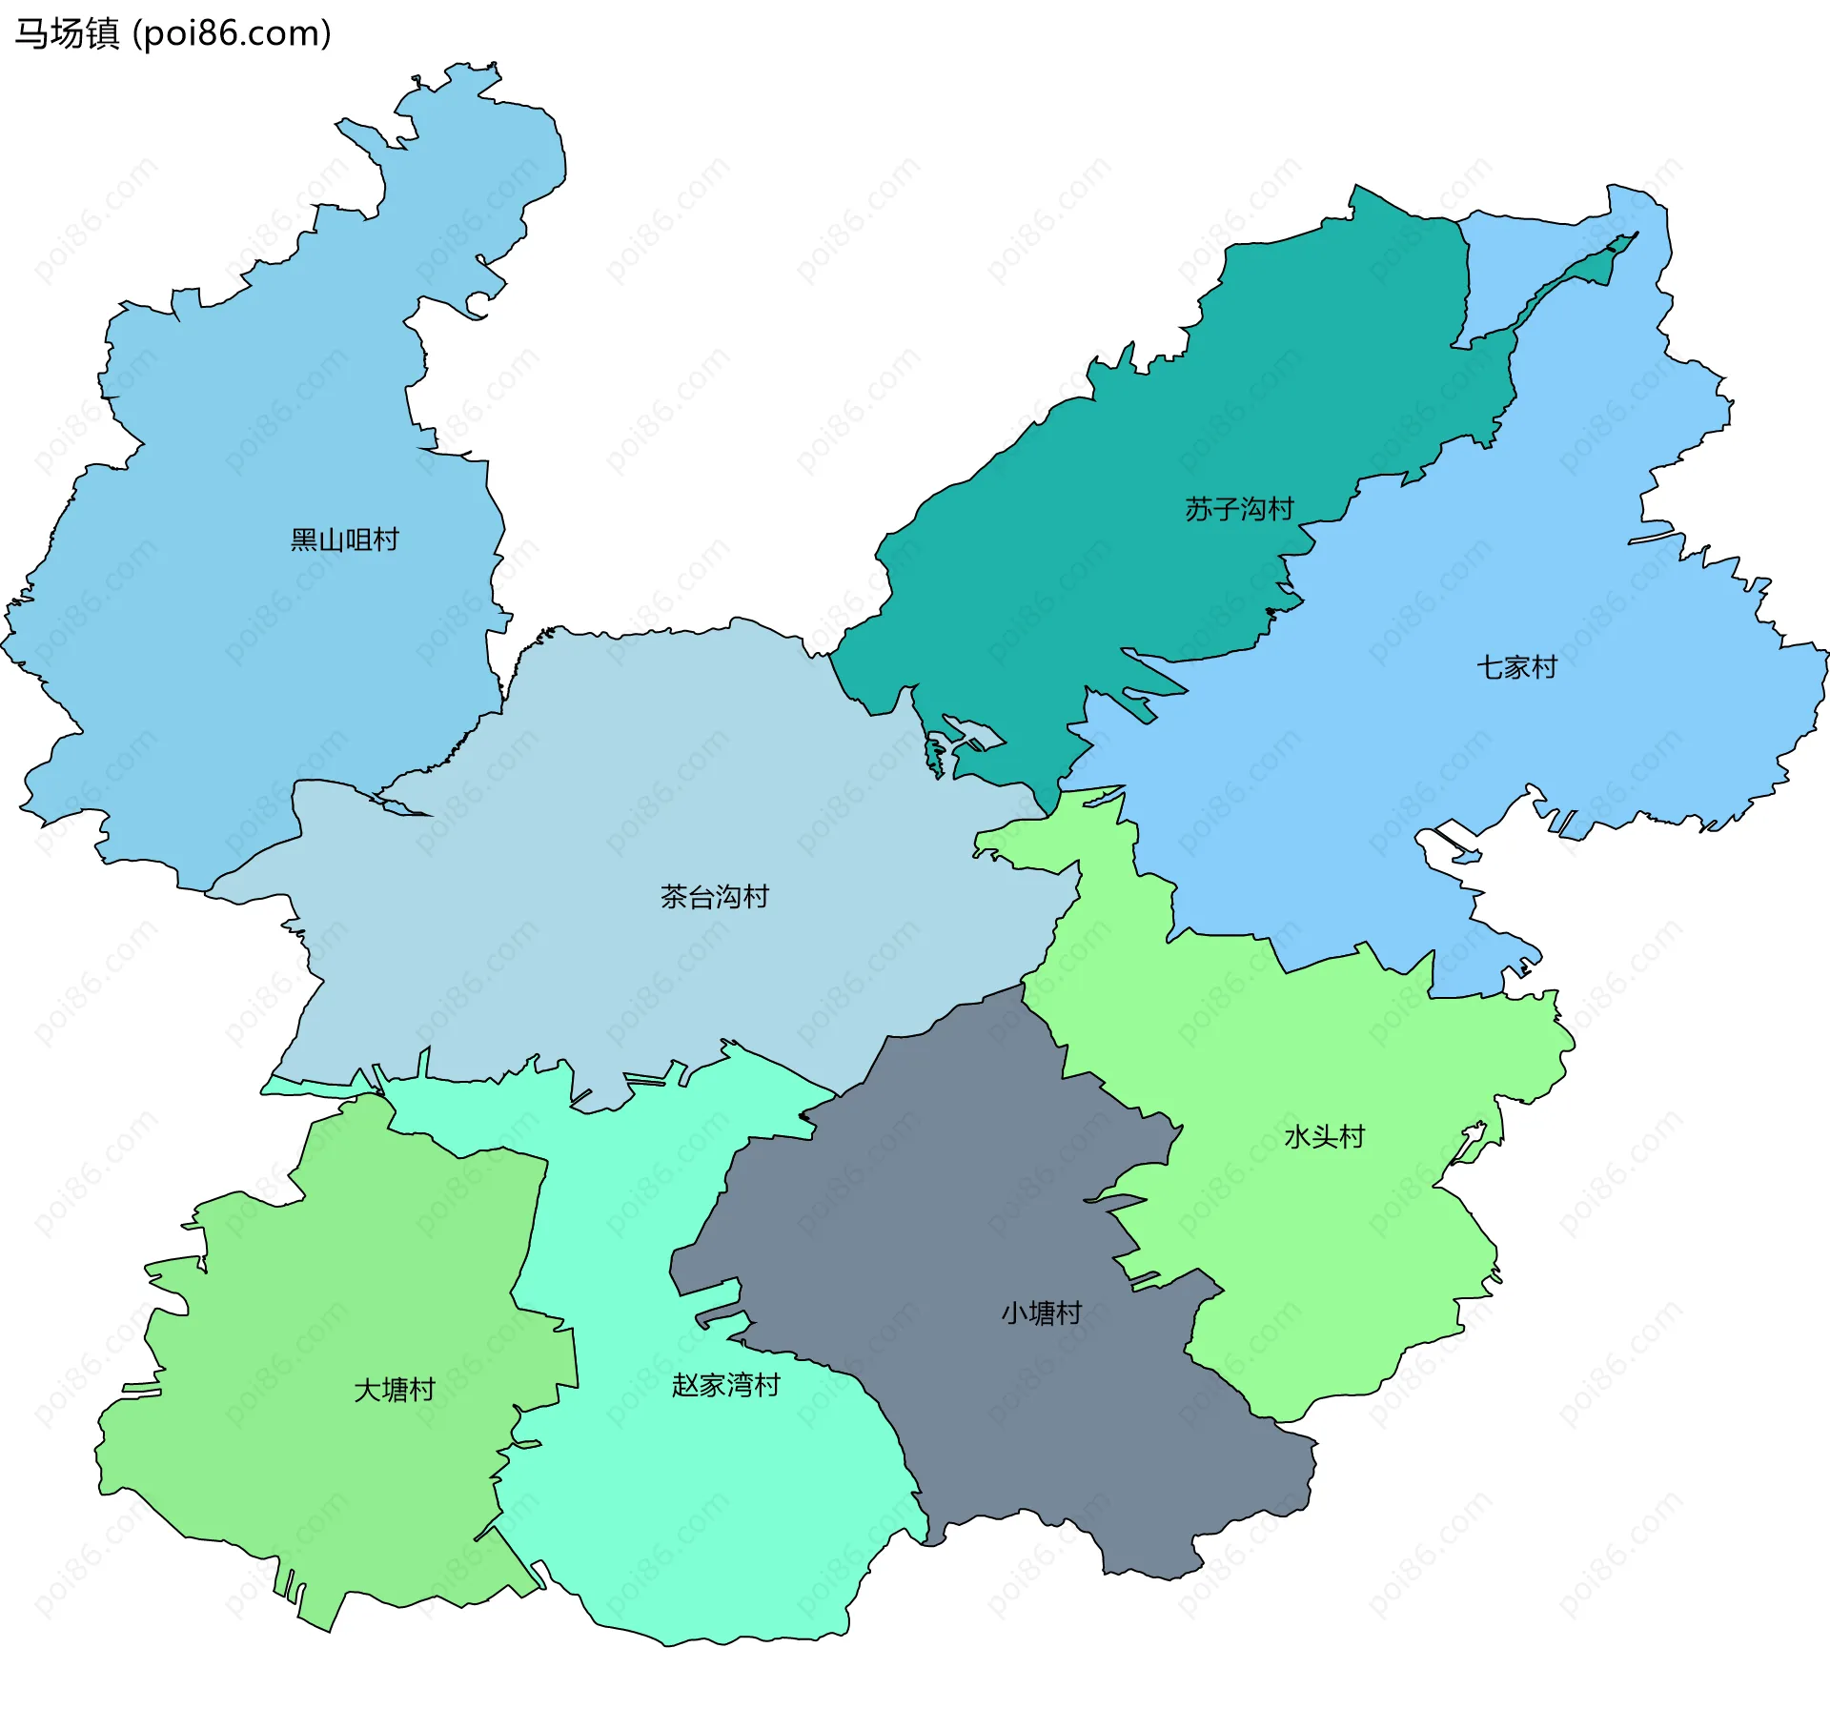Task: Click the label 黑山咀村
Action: [x=344, y=540]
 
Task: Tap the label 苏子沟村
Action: [x=1239, y=509]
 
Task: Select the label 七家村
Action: [x=1516, y=667]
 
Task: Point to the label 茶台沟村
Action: [x=714, y=897]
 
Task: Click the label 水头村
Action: [x=1324, y=1136]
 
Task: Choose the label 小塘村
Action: [x=1041, y=1313]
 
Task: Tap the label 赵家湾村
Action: [x=725, y=1385]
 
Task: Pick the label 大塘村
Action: [x=394, y=1390]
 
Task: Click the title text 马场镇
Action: [x=67, y=33]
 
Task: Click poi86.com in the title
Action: [x=232, y=33]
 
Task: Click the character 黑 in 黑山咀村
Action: [x=304, y=540]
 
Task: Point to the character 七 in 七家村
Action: [x=1490, y=667]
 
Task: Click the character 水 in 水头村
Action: [x=1297, y=1136]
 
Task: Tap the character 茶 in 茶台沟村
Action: [x=674, y=897]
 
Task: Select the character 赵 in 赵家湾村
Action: [x=685, y=1385]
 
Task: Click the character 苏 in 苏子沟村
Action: [x=1199, y=509]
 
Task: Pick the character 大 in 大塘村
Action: [x=367, y=1390]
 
